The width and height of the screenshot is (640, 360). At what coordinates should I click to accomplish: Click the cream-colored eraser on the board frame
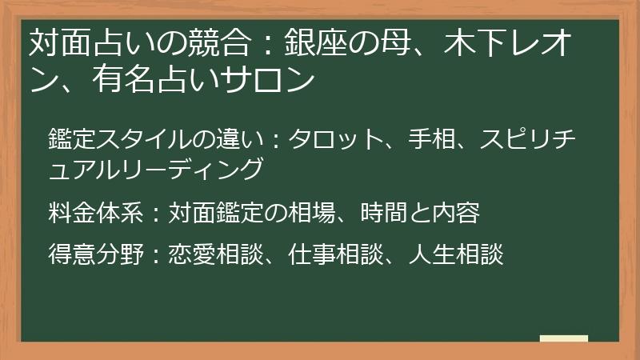coord(563,338)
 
